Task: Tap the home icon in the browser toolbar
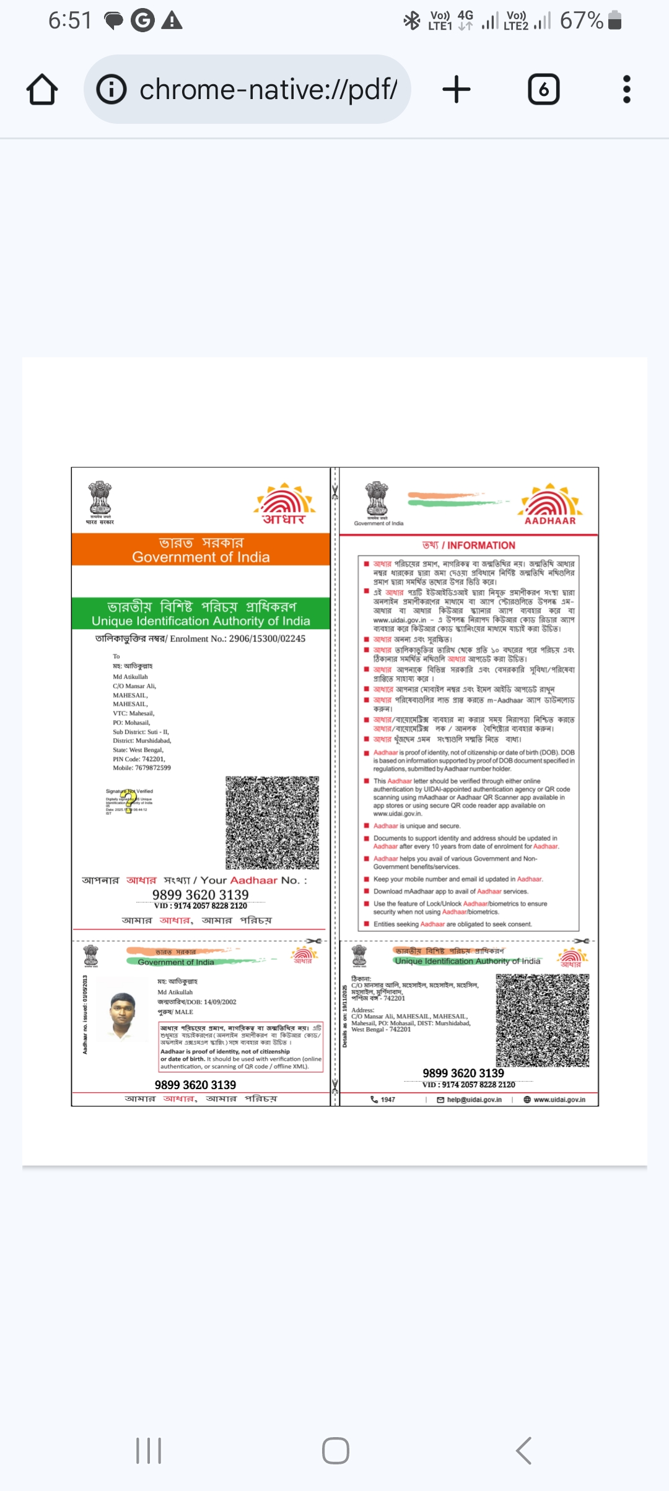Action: click(42, 89)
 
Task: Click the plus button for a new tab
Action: click(457, 89)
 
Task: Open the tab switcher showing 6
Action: click(543, 89)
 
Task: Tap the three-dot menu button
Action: click(626, 89)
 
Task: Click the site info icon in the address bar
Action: click(111, 89)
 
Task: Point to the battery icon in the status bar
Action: click(614, 20)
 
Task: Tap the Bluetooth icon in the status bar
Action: click(411, 20)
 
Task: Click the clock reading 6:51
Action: click(69, 20)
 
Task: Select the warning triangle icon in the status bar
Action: click(172, 21)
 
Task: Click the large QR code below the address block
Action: click(273, 822)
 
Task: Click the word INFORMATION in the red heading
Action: click(481, 546)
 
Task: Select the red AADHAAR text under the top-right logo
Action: click(550, 521)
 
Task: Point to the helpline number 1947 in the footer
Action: click(388, 1100)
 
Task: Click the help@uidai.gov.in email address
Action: click(474, 1100)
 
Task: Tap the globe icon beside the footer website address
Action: click(527, 1100)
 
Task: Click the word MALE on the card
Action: click(184, 1012)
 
